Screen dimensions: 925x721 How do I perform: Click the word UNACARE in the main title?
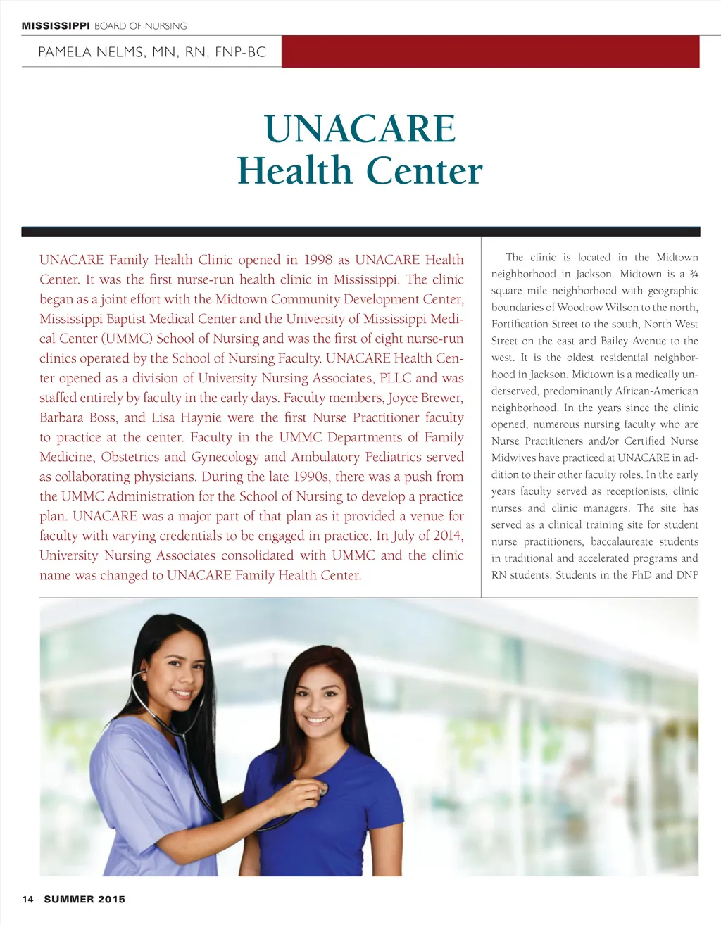pyautogui.click(x=360, y=129)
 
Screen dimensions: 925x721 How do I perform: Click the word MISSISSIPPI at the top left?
pyautogui.click(x=56, y=26)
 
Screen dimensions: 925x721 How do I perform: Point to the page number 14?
pyautogui.click(x=27, y=899)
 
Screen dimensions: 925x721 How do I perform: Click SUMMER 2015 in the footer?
pyautogui.click(x=84, y=899)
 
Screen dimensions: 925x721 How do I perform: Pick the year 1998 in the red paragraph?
pyautogui.click(x=319, y=260)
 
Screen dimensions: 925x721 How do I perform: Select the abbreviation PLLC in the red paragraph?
pyautogui.click(x=395, y=378)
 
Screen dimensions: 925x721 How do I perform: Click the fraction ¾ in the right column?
pyautogui.click(x=694, y=274)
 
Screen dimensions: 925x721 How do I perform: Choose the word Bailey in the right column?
pyautogui.click(x=614, y=341)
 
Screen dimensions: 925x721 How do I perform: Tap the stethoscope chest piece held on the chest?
pyautogui.click(x=323, y=788)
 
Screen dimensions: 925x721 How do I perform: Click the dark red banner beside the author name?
pyautogui.click(x=490, y=51)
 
